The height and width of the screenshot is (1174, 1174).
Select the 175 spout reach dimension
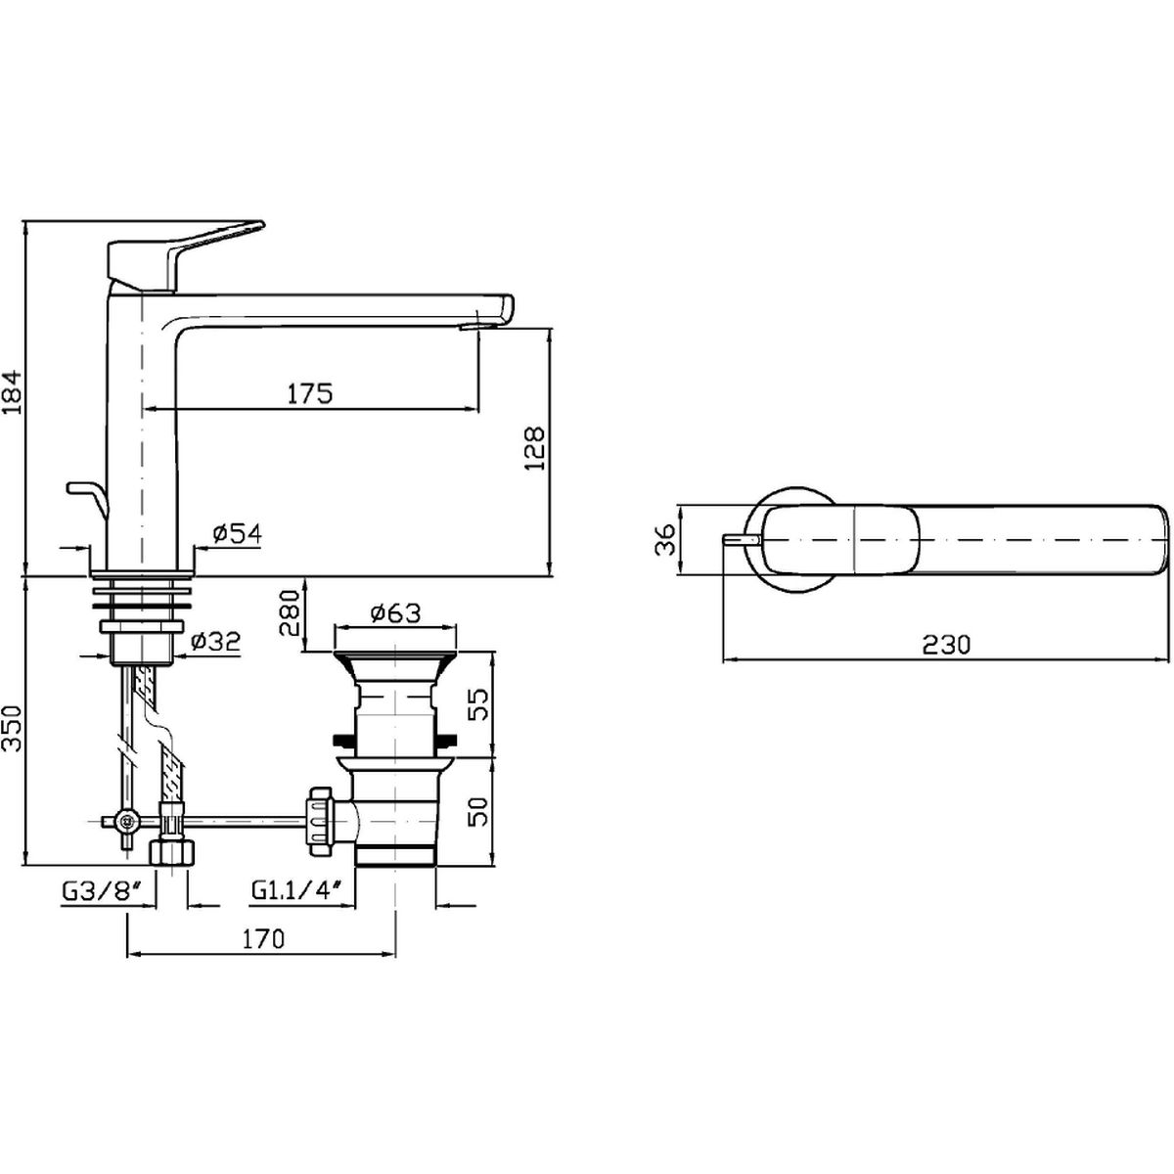coord(310,393)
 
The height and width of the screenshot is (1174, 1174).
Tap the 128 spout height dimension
coord(534,448)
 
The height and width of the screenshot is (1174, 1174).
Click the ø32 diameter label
coord(215,641)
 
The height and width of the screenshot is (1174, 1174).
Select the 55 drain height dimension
coord(481,704)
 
